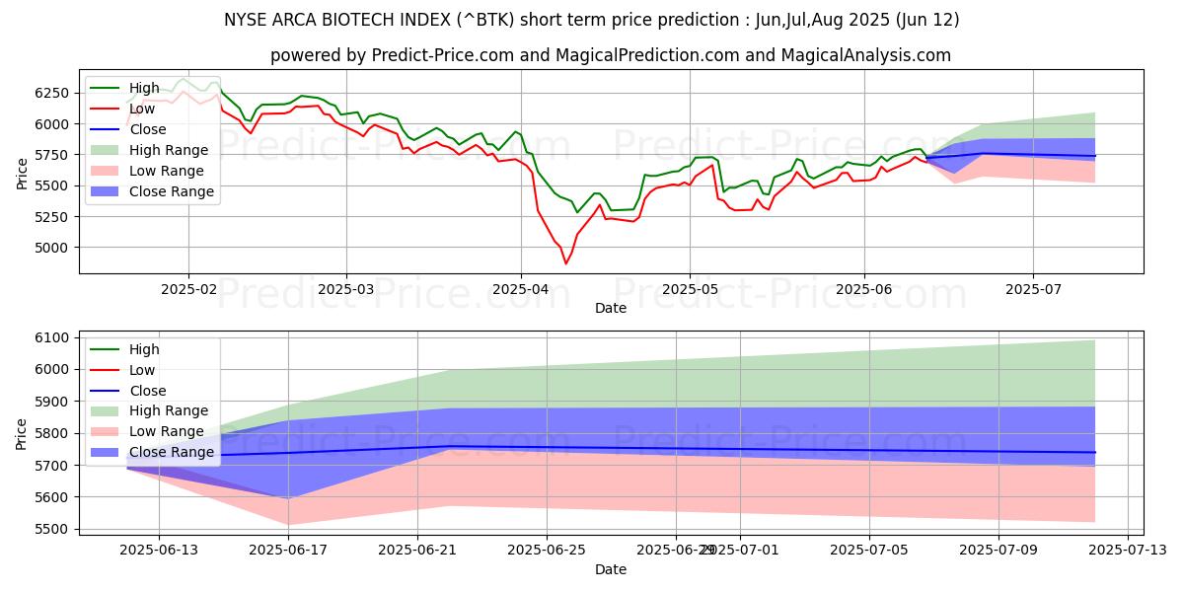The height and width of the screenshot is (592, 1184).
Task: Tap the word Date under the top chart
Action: (611, 309)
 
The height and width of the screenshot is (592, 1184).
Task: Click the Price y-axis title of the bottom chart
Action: (21, 433)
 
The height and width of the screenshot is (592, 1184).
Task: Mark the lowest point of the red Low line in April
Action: (565, 263)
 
